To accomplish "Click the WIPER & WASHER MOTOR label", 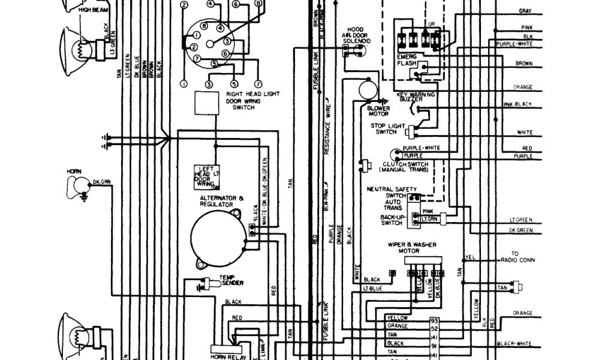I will pyautogui.click(x=420, y=248).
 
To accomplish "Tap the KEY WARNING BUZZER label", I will pyautogui.click(x=416, y=97).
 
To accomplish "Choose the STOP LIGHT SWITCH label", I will pyautogui.click(x=387, y=128).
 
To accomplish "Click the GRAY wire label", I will pyautogui.click(x=525, y=11).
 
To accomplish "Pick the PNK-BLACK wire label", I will pyautogui.click(x=517, y=104).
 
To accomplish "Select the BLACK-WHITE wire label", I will pyautogui.click(x=514, y=343).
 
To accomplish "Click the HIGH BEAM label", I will pyautogui.click(x=91, y=10).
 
